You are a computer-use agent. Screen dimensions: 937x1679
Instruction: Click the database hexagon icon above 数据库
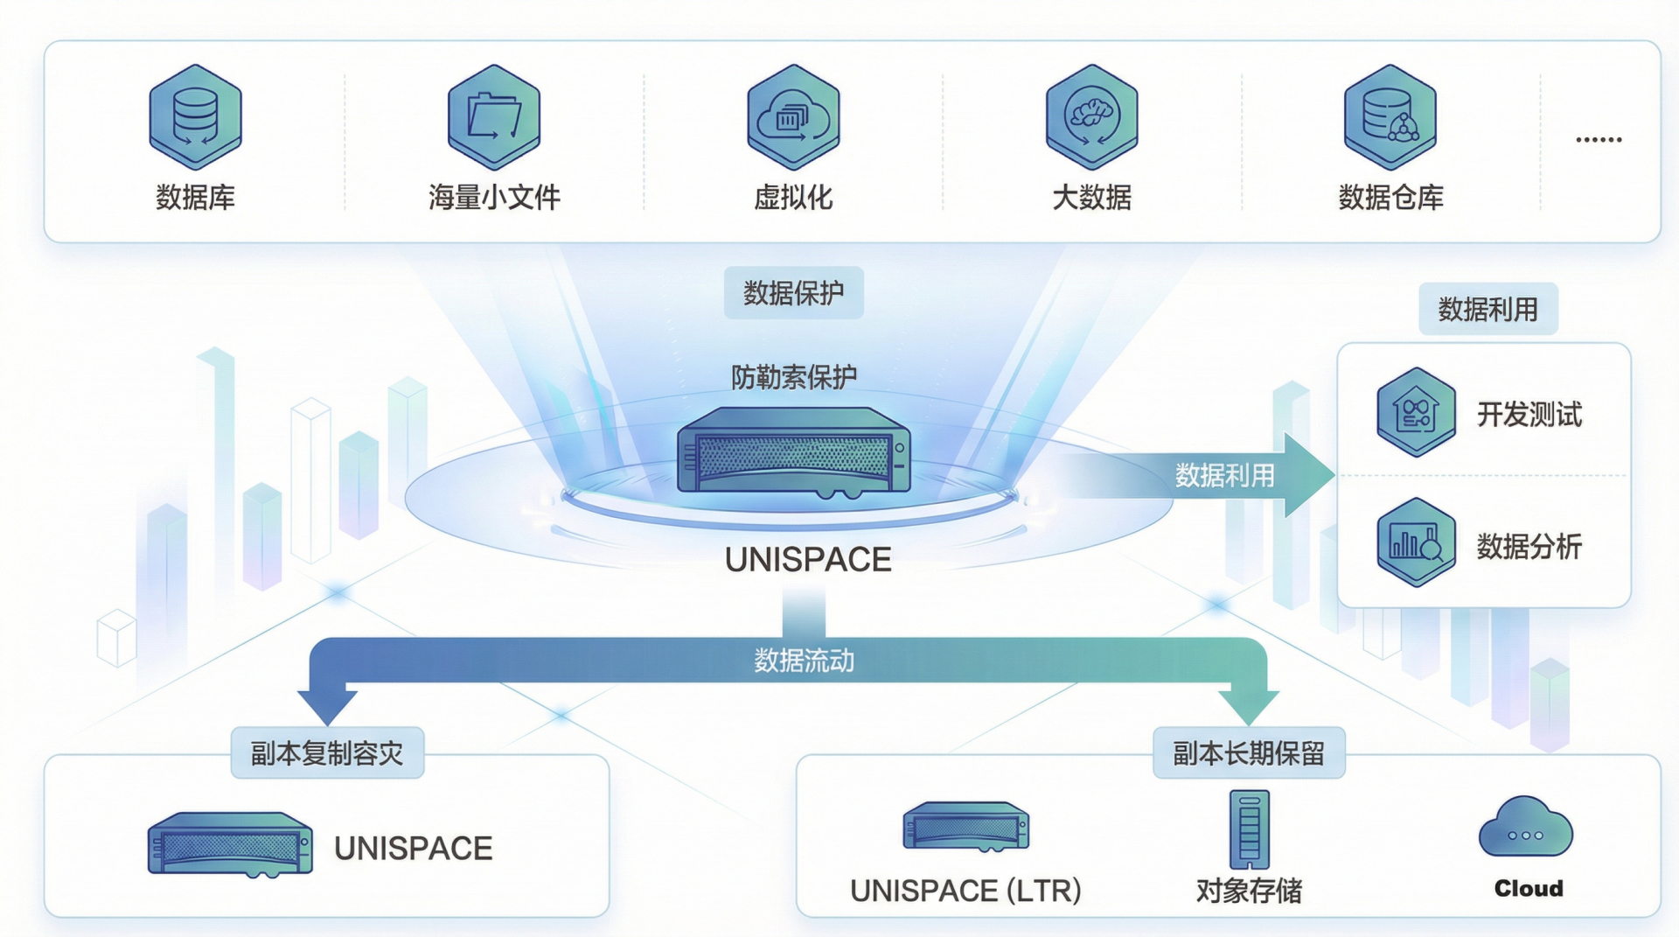[195, 116]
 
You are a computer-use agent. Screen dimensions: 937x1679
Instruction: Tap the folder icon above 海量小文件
[494, 116]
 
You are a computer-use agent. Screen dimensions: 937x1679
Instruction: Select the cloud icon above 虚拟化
[793, 116]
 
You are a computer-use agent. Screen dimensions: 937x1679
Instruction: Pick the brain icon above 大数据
[1091, 116]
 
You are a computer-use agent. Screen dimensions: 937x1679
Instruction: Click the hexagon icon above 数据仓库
[1390, 116]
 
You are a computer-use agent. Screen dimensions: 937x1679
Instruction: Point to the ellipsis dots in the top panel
[1599, 140]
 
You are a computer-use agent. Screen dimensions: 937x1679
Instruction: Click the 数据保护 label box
[793, 293]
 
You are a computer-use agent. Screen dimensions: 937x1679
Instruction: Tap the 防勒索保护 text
[793, 377]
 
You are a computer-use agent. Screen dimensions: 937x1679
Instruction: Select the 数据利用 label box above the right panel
[1487, 309]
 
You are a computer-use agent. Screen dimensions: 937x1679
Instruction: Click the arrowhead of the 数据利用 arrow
[1307, 475]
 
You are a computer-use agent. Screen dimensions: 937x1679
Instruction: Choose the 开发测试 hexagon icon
[1416, 412]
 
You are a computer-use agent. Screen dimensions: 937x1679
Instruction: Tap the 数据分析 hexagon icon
[1416, 542]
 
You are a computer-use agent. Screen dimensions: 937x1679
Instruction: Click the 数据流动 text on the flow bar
[804, 661]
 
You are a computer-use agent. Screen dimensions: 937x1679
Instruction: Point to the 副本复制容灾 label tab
[327, 753]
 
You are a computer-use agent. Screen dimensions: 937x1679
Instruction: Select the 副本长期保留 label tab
[1248, 753]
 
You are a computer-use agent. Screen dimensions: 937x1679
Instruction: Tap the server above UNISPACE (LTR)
[965, 827]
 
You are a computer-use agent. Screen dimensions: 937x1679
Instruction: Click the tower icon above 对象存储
[1249, 829]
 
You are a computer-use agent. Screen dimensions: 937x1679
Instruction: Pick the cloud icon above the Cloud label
[1525, 828]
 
